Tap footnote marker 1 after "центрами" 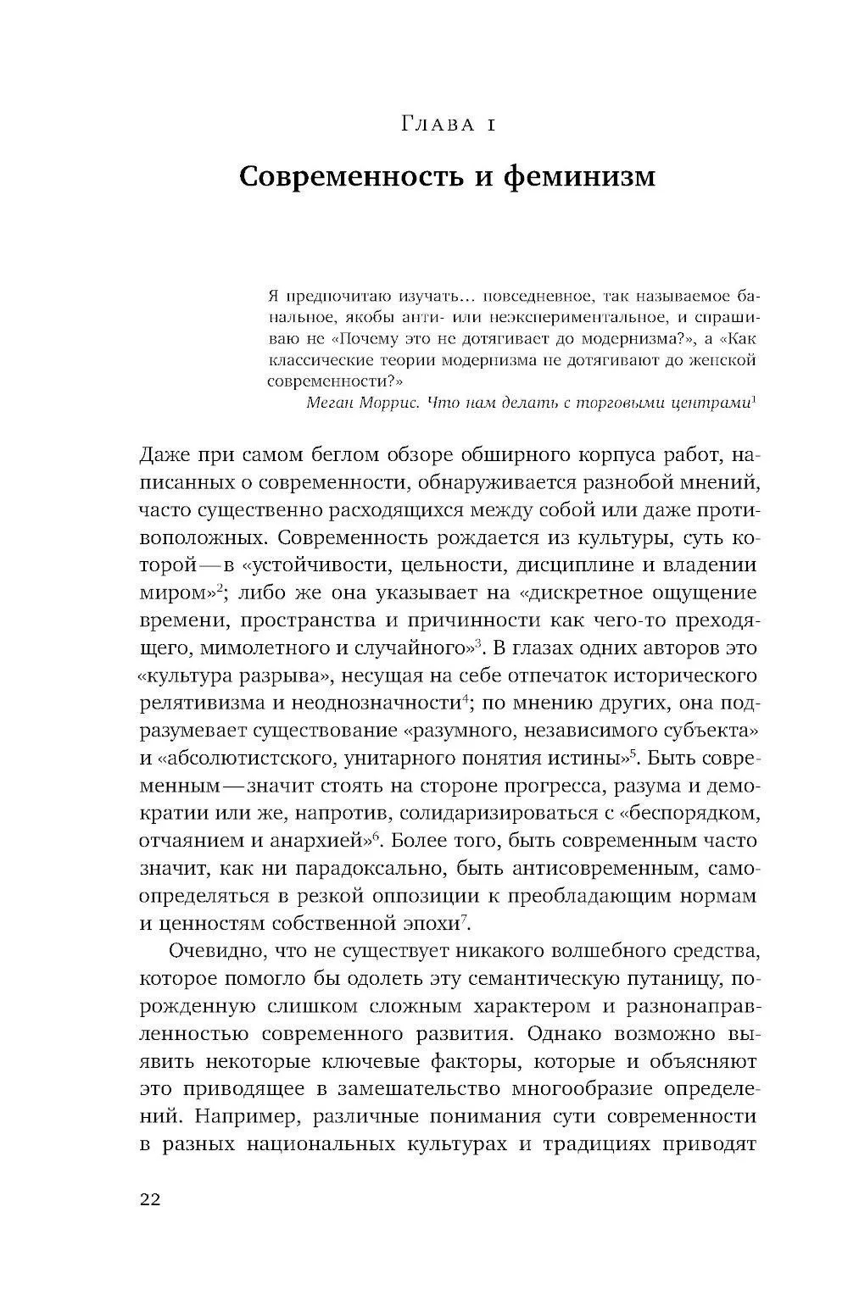click(754, 398)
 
